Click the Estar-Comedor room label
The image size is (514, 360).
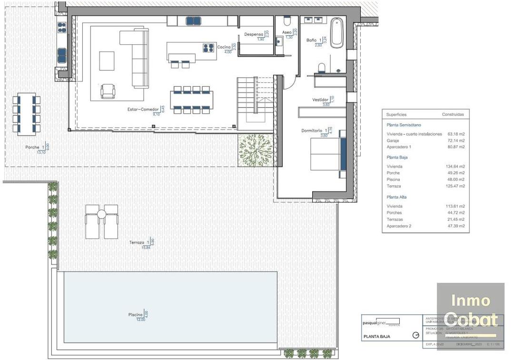pyautogui.click(x=139, y=109)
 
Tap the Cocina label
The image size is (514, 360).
pyautogui.click(x=224, y=47)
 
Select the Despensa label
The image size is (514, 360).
pyautogui.click(x=254, y=34)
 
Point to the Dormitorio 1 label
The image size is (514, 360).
pyautogui.click(x=314, y=130)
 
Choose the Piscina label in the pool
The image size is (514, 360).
pyautogui.click(x=135, y=315)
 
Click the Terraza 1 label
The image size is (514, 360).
pyautogui.click(x=140, y=242)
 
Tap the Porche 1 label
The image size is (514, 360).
pyautogui.click(x=35, y=147)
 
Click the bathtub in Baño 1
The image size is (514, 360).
pyautogui.click(x=337, y=32)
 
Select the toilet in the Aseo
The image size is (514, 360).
pyautogui.click(x=287, y=21)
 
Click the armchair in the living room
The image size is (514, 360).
pyautogui.click(x=108, y=91)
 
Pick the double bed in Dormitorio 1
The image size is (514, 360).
pyautogui.click(x=328, y=153)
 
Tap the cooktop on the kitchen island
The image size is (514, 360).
pyautogui.click(x=208, y=47)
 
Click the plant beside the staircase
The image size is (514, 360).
pyautogui.click(x=256, y=150)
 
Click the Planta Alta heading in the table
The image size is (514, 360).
pyautogui.click(x=396, y=197)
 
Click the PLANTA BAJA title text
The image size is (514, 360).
pyautogui.click(x=377, y=336)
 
